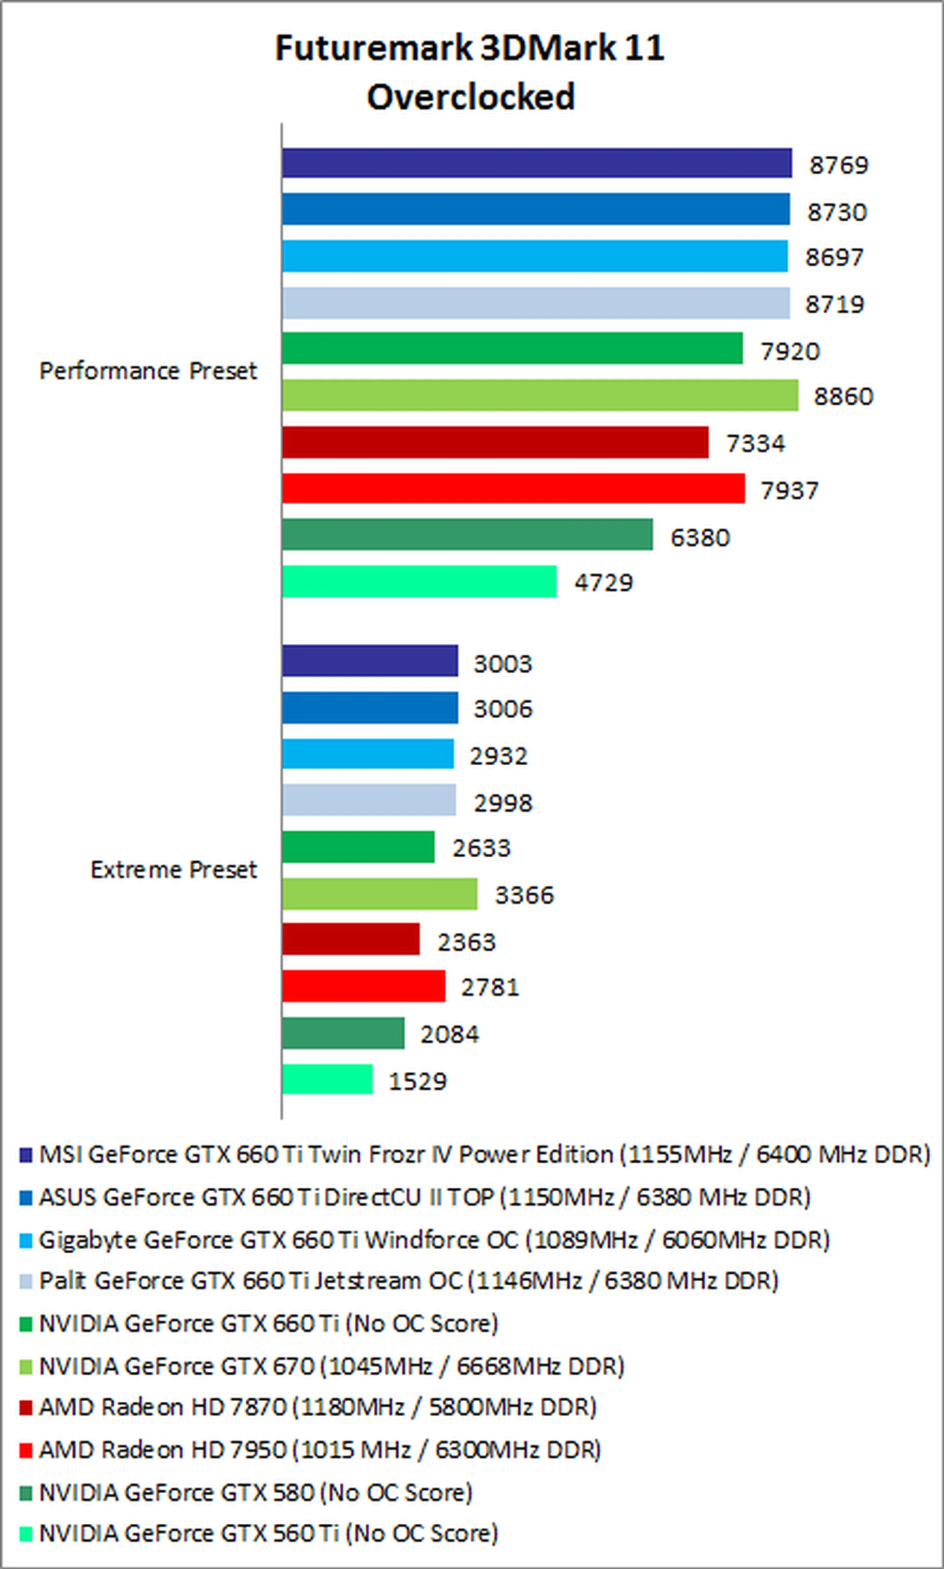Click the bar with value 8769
tap(537, 163)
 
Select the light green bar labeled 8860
tap(540, 395)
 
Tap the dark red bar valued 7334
tap(495, 442)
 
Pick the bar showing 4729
tap(419, 581)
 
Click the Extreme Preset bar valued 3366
tap(380, 894)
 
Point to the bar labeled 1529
tap(327, 1079)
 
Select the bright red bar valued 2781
tap(364, 986)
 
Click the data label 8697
tap(834, 257)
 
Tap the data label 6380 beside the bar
tap(700, 538)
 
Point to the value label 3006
tap(502, 709)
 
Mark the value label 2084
tap(449, 1034)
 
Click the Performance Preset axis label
tap(147, 371)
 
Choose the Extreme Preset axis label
tap(173, 870)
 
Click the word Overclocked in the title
tap(471, 97)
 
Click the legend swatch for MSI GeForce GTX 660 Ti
tap(26, 1155)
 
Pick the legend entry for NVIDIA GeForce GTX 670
tap(331, 1366)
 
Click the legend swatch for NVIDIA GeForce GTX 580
tap(26, 1493)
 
